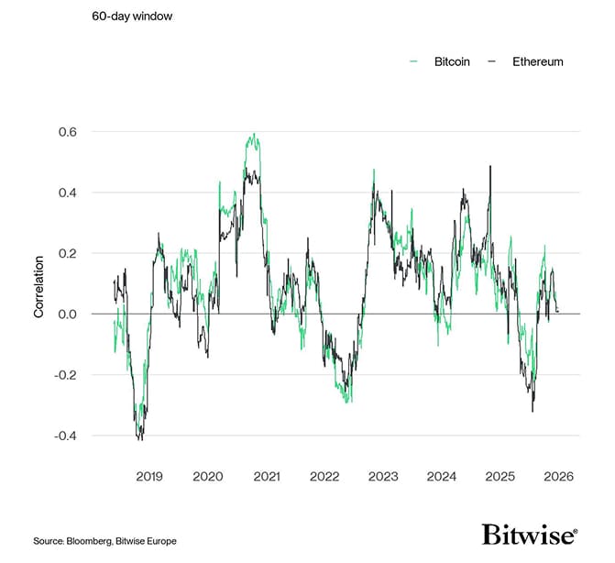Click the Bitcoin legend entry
point(441,61)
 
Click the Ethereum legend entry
point(524,61)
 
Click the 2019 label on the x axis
point(149,477)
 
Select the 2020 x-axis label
point(208,477)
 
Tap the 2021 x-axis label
point(267,477)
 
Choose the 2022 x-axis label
point(324,477)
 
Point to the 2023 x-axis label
point(383,477)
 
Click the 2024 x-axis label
point(442,477)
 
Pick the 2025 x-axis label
point(500,477)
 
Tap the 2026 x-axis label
point(558,477)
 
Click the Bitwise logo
point(529,535)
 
